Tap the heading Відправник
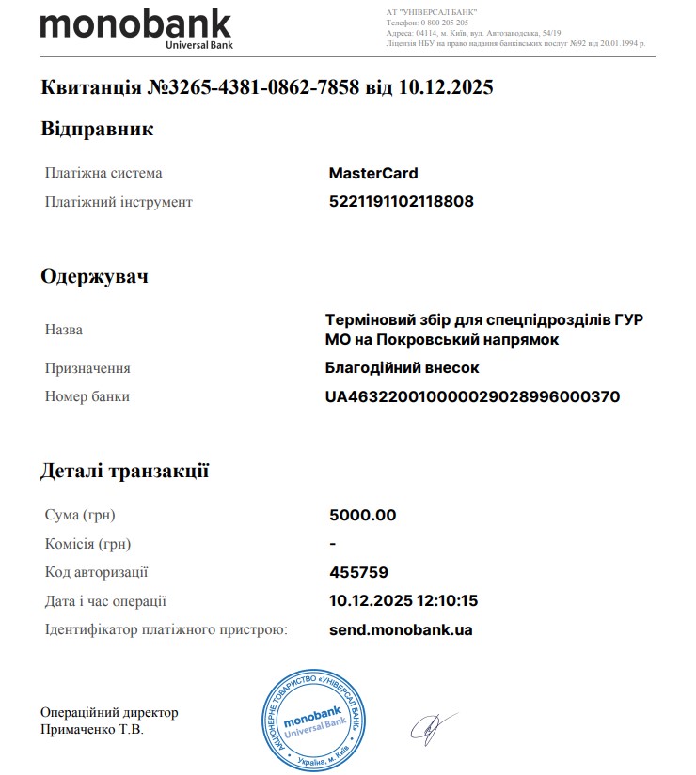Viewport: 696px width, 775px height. [96, 129]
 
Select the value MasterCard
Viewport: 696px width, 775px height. [373, 173]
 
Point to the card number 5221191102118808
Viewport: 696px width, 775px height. [402, 201]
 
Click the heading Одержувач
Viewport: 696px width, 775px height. [94, 276]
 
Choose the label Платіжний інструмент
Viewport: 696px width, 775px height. [119, 202]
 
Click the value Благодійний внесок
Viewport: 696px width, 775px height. [402, 368]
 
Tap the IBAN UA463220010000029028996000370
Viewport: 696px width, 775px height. [472, 396]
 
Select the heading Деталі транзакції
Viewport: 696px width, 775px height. [124, 470]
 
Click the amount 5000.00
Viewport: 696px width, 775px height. [362, 515]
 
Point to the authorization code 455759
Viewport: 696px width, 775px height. [358, 572]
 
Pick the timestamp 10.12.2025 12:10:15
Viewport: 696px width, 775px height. [403, 600]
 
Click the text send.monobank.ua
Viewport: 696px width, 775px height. [401, 629]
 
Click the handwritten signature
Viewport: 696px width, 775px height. [432, 724]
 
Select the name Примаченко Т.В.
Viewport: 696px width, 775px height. [92, 730]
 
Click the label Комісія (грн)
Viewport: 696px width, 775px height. [87, 544]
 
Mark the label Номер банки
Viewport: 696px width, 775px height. [87, 396]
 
